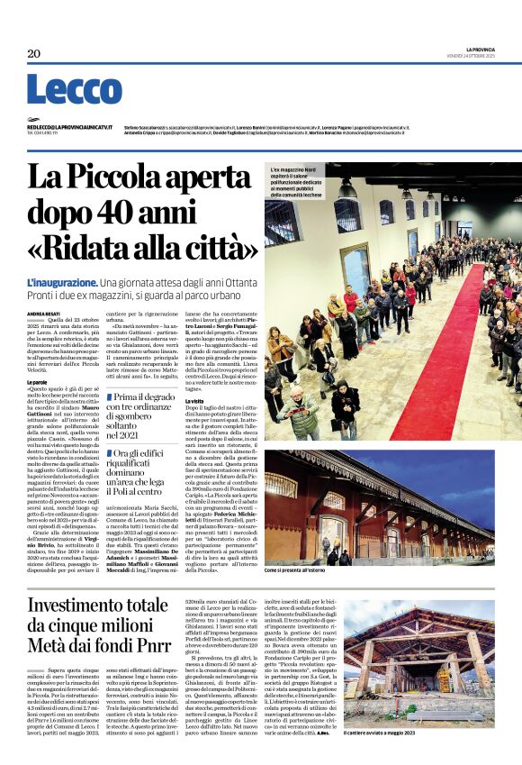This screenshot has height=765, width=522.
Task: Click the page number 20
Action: point(33,54)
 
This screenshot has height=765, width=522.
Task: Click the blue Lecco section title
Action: point(74,90)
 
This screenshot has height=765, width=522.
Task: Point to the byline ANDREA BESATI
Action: point(43,314)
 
